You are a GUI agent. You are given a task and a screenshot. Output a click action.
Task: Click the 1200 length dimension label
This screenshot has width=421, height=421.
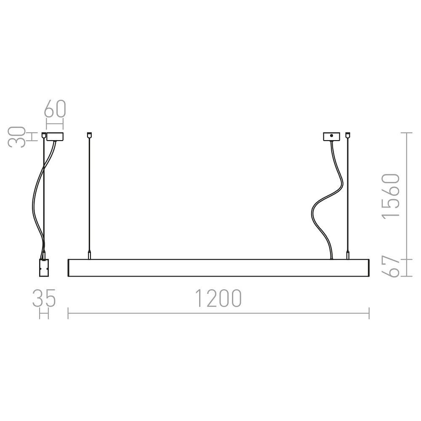(x=218, y=298)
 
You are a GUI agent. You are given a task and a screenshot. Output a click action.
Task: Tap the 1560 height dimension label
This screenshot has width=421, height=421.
(x=391, y=196)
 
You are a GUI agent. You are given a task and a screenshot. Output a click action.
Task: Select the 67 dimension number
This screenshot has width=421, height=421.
(x=391, y=268)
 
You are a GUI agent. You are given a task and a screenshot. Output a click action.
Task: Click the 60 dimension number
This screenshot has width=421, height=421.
(x=55, y=109)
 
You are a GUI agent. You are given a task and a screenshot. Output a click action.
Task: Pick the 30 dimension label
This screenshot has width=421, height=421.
(x=17, y=137)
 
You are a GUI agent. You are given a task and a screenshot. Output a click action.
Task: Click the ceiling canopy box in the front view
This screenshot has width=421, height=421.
(x=331, y=136)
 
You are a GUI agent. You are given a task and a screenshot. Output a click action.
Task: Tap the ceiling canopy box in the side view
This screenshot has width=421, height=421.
(x=55, y=136)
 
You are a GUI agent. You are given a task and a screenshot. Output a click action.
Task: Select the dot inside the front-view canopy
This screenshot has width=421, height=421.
(x=331, y=136)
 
